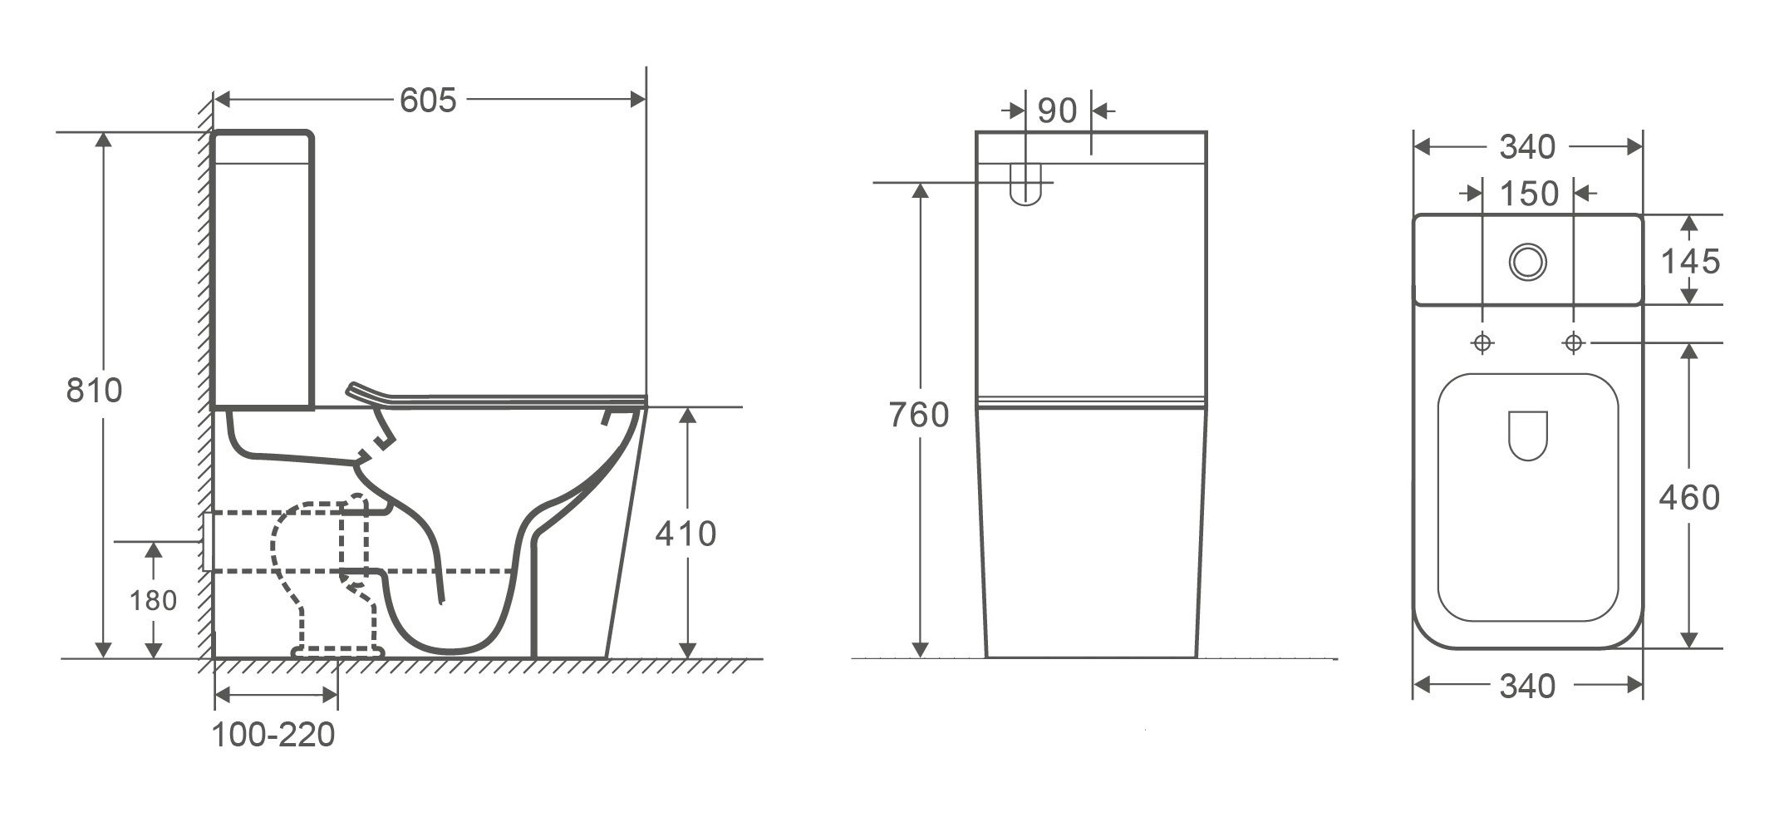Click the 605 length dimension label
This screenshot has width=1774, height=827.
(x=428, y=100)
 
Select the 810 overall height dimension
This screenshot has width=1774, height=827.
(x=94, y=390)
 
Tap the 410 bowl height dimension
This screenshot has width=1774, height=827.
(x=686, y=533)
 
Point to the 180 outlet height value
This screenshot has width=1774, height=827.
(x=153, y=600)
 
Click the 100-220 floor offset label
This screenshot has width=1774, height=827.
(x=273, y=735)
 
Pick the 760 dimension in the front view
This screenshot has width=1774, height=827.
(x=918, y=415)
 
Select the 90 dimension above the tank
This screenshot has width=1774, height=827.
(x=1057, y=111)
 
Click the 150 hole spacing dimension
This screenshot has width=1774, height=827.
(x=1529, y=194)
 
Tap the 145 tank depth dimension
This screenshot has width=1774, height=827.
(x=1690, y=262)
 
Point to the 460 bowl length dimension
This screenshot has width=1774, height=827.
(x=1689, y=497)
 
